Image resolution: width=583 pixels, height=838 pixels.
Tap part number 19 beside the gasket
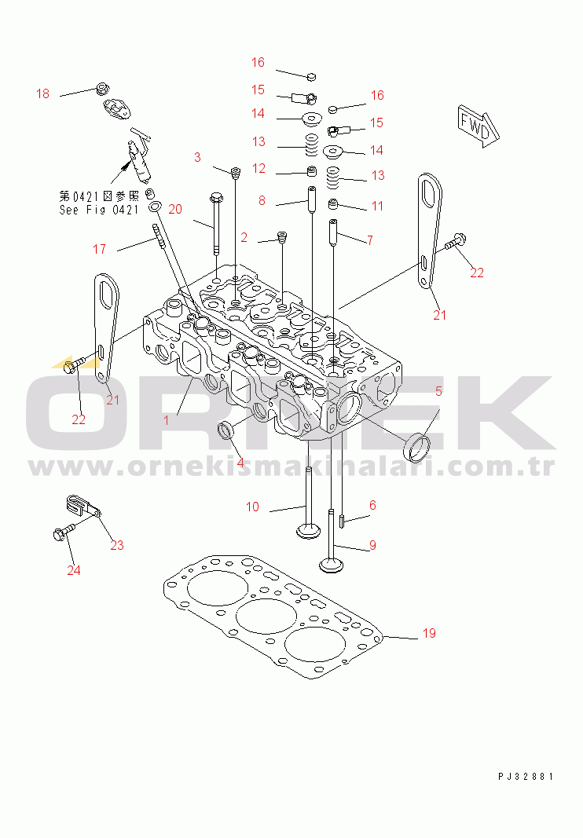tap(429, 634)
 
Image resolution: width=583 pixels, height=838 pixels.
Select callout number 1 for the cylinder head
tap(166, 420)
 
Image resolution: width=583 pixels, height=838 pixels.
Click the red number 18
tap(42, 94)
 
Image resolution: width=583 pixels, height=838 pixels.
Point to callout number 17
tap(99, 250)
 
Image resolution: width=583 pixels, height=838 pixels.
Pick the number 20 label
tap(174, 209)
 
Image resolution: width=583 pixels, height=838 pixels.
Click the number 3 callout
tap(197, 158)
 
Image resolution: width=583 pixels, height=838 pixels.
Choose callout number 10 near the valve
tap(252, 507)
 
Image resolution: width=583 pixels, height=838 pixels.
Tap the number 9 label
tap(372, 545)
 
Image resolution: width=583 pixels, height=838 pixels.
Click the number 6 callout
tap(372, 506)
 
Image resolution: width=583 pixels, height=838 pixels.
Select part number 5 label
tap(438, 391)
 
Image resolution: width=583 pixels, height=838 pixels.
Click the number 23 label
tap(117, 545)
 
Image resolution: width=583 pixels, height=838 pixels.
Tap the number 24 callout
tap(73, 570)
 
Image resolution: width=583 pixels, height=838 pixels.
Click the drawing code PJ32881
tap(526, 776)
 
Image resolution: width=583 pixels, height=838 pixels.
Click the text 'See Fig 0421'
tap(99, 210)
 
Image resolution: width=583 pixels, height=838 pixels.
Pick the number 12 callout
tap(258, 169)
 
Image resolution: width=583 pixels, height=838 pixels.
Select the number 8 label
tap(262, 201)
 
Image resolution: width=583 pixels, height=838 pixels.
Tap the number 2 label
tap(244, 237)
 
